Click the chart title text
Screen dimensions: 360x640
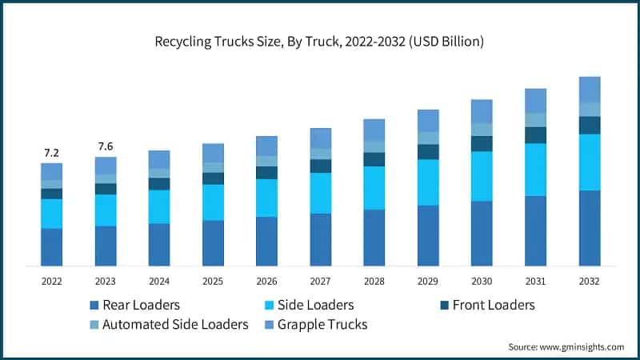[x=320, y=42]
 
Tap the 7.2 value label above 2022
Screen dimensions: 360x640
[x=51, y=152]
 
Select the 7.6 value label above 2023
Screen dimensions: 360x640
[x=106, y=146]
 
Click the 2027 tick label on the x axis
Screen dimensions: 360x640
[x=320, y=282]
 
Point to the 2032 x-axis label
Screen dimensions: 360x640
[x=589, y=282]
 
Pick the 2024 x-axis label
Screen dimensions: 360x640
[x=159, y=282]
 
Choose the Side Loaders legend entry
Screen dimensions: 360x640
[x=309, y=305]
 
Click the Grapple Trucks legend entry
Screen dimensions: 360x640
[x=317, y=325]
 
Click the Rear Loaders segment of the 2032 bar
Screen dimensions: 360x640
[x=590, y=228]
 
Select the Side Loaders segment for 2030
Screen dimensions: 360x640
[x=482, y=176]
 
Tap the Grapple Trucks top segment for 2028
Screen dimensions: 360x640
[x=374, y=130]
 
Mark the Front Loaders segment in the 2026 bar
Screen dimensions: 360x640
[x=266, y=173]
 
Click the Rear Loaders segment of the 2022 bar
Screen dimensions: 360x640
[x=52, y=247]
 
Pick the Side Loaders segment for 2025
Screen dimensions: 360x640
[x=213, y=202]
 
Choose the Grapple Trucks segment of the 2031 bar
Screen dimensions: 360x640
[x=535, y=100]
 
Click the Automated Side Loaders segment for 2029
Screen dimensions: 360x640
[x=428, y=138]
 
